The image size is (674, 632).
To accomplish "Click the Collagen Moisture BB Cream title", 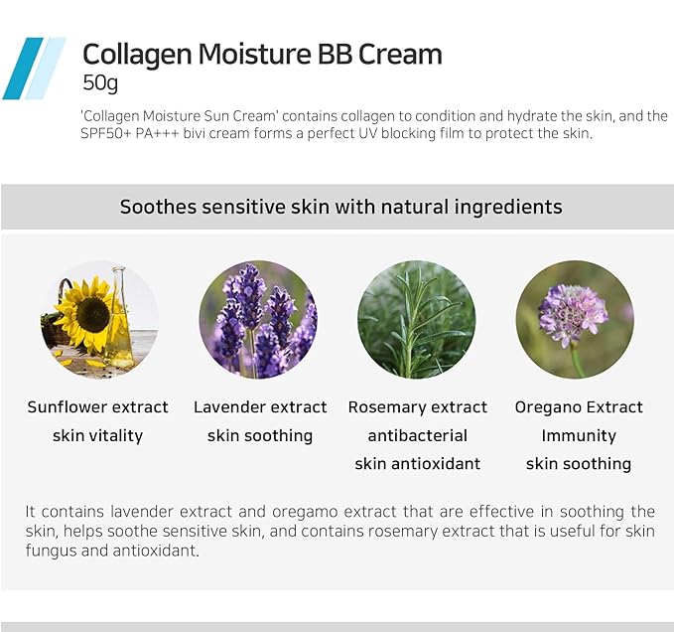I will (x=262, y=55).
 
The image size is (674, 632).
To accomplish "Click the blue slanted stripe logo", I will (x=33, y=69).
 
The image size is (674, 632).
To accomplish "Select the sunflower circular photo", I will (x=98, y=319).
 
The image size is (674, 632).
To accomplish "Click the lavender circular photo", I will (x=258, y=319).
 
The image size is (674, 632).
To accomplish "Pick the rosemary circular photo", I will (x=417, y=319).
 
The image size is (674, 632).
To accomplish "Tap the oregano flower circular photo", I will (x=576, y=319).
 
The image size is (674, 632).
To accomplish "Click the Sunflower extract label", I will (x=98, y=407).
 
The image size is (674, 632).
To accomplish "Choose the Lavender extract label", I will (x=259, y=407).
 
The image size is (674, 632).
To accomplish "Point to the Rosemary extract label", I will (x=417, y=407).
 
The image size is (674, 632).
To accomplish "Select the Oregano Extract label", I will (x=579, y=407).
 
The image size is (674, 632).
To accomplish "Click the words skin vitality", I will (x=98, y=435).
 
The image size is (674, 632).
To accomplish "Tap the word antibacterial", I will (x=417, y=435).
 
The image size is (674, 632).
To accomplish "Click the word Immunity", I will (x=579, y=435).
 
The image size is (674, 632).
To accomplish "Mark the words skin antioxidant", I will (x=417, y=464).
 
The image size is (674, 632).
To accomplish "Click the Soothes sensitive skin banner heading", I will (x=340, y=207).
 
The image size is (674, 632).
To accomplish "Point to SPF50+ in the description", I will (x=107, y=133).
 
